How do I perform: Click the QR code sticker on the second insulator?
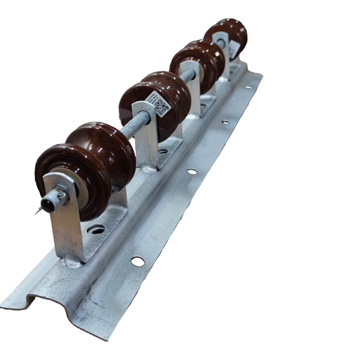click(162, 105)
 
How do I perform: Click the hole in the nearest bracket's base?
click(97, 230)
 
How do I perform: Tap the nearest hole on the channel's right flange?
click(137, 261)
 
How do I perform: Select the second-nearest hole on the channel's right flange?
click(192, 172)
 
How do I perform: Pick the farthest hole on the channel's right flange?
click(249, 86)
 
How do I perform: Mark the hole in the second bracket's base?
click(163, 151)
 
